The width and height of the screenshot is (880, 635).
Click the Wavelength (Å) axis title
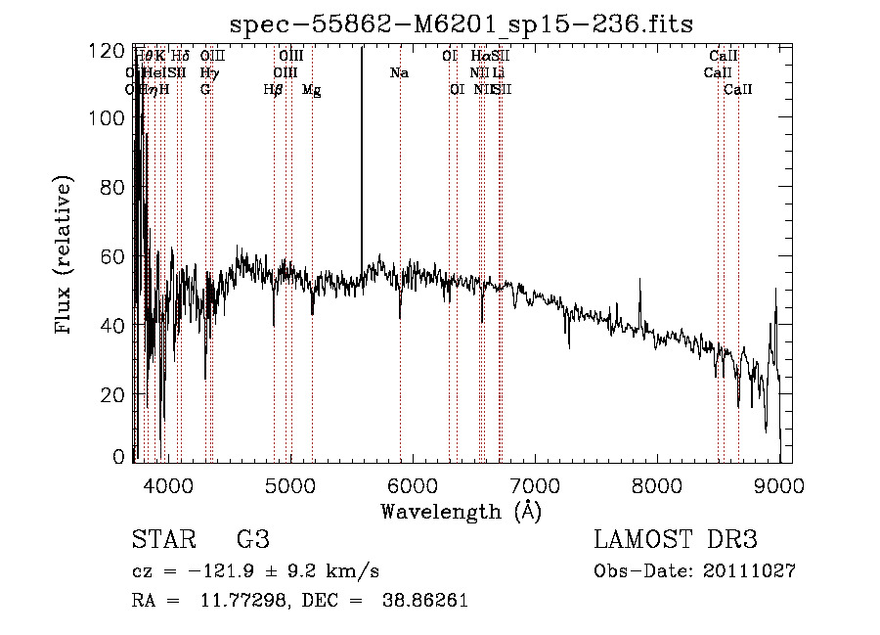(461, 511)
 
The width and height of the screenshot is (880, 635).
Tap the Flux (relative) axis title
(66, 255)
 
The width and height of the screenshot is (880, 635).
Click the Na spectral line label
(399, 72)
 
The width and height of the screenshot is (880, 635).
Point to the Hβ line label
(273, 89)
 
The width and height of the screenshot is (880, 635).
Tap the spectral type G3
(252, 540)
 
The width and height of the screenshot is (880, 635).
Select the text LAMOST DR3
(676, 540)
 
